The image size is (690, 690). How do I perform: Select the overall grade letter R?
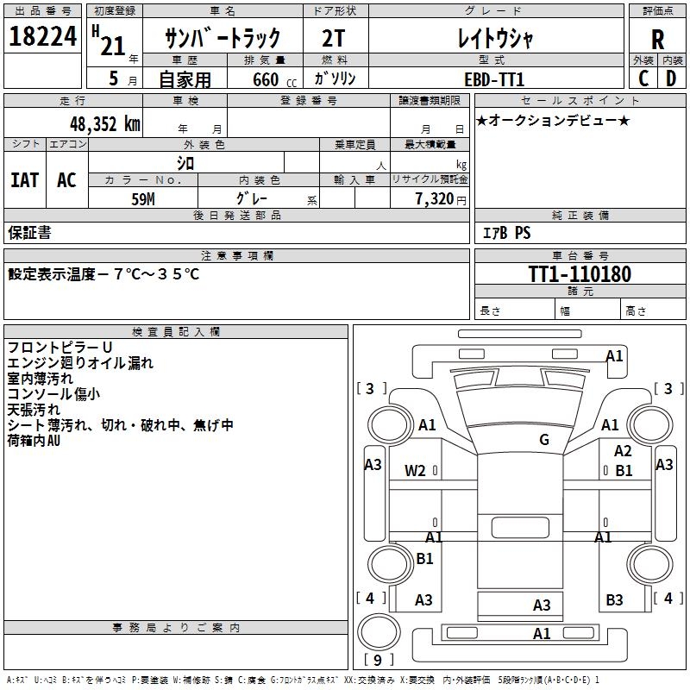658,40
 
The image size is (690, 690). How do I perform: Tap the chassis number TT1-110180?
579,275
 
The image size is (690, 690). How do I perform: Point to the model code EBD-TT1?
494,78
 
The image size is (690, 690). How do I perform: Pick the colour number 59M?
143,198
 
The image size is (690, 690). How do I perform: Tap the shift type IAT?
24,180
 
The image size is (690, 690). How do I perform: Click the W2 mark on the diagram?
415,471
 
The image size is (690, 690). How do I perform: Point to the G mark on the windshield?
543,440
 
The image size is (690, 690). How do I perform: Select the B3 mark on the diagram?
614,599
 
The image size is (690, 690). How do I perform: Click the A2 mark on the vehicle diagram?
623,451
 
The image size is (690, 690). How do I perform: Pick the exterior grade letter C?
643,78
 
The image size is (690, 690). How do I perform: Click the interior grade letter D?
671,78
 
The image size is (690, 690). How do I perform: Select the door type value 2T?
336,39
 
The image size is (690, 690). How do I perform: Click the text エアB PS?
506,233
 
